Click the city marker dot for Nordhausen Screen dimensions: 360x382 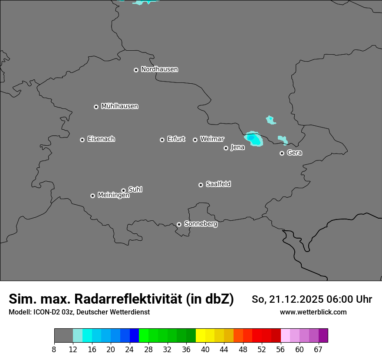click(136, 70)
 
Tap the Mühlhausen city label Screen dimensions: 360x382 click(119, 106)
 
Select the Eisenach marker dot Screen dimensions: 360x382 click(82, 140)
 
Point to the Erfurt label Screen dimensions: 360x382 click(176, 139)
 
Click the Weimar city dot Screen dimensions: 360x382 click(195, 140)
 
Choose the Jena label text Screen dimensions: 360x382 click(237, 147)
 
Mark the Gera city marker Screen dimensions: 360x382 click(282, 153)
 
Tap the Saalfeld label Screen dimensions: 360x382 click(218, 184)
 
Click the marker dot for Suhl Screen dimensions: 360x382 click(123, 190)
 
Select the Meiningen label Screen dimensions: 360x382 click(113, 196)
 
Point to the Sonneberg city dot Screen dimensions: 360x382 click(179, 224)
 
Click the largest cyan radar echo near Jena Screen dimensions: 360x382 click(254, 139)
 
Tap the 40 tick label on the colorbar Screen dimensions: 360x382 click(205, 350)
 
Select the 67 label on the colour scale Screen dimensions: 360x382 click(318, 350)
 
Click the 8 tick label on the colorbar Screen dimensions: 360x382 click(54, 350)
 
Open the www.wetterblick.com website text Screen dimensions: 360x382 click(313, 312)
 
